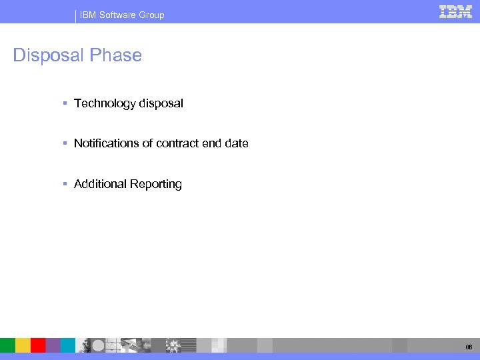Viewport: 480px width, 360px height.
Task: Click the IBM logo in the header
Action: point(455,11)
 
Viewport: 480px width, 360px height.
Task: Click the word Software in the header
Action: point(119,15)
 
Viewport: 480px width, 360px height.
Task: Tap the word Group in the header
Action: point(151,15)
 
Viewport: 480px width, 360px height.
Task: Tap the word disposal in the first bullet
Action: point(161,103)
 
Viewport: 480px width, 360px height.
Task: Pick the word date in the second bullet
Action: point(237,143)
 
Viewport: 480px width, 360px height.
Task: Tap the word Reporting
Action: point(156,184)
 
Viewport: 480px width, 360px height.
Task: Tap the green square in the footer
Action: point(7,345)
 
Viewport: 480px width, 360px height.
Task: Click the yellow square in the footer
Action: point(23,345)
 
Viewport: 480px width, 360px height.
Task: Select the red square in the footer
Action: point(38,345)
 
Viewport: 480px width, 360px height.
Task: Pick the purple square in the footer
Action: point(53,345)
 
